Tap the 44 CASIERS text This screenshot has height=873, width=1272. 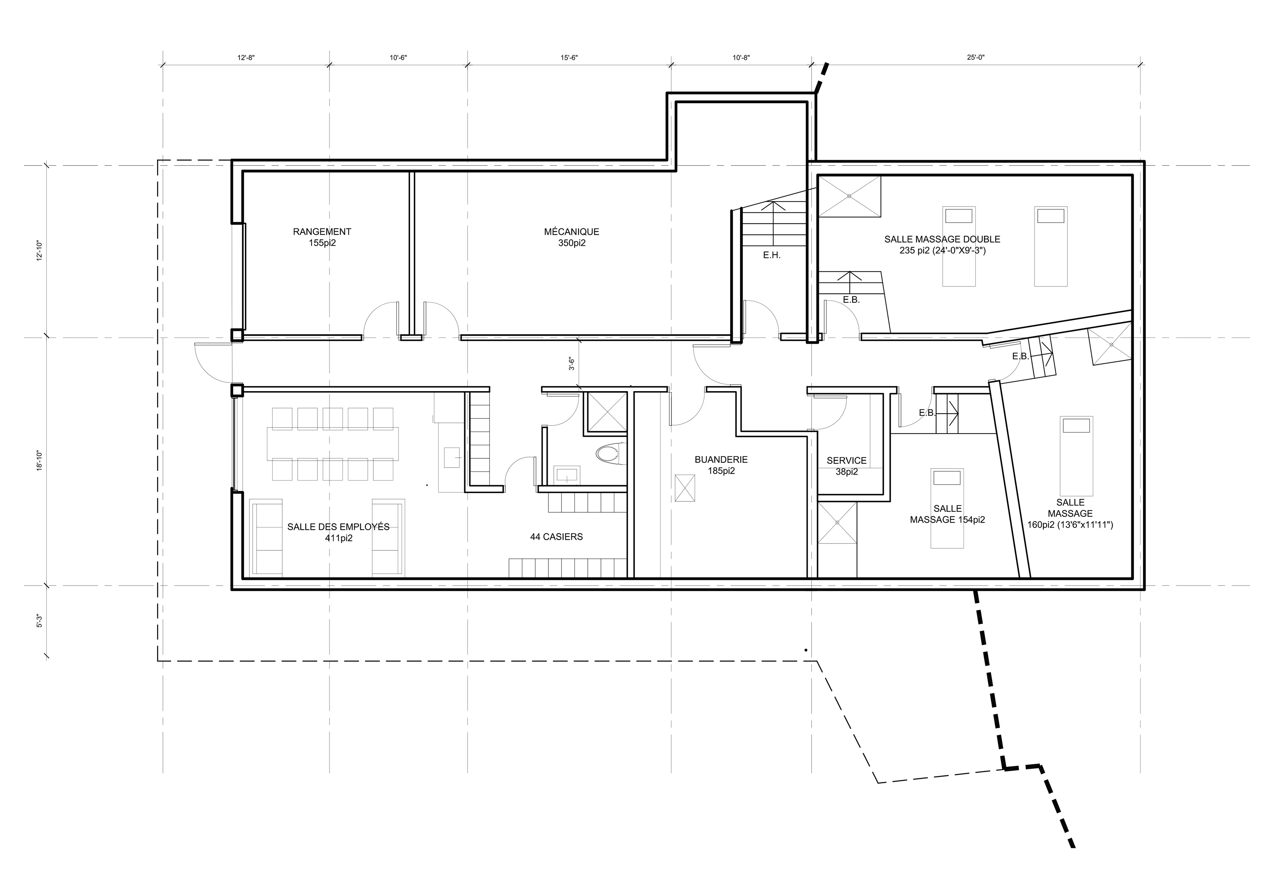coord(556,537)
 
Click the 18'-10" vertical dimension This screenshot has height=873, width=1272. coord(39,461)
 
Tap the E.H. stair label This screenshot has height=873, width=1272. coord(772,255)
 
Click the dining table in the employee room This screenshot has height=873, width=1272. coord(333,444)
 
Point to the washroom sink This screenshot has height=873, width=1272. coord(566,475)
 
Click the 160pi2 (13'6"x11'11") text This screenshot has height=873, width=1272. coord(1070,524)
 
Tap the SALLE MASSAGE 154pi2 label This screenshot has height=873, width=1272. coord(947,514)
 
